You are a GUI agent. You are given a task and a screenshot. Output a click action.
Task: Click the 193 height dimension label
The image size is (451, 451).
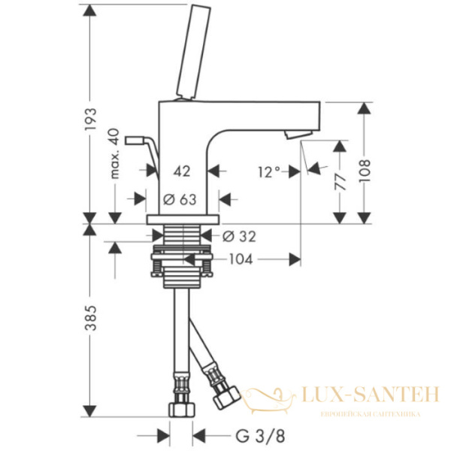click(90, 119)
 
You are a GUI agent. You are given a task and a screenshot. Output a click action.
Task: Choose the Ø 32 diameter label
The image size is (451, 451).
click(240, 236)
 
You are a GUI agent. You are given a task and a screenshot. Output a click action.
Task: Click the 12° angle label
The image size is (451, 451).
click(267, 171)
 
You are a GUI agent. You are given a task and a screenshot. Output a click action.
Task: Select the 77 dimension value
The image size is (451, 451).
click(341, 180)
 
